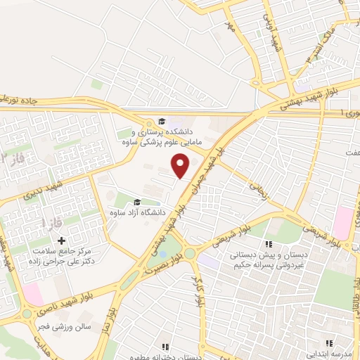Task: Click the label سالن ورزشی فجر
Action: pyautogui.click(x=62, y=328)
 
